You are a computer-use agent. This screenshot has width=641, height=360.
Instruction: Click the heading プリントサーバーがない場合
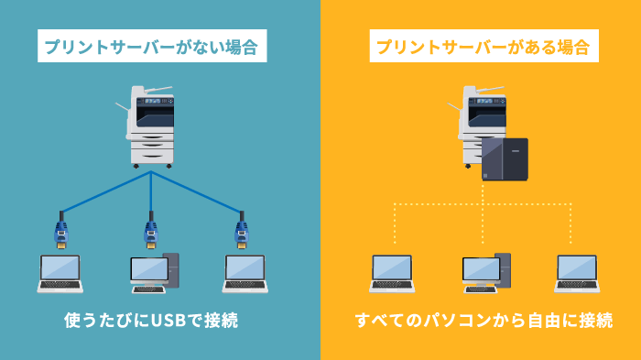151,45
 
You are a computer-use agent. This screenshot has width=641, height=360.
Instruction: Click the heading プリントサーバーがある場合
482,45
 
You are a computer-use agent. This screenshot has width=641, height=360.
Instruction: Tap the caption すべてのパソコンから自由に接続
483,322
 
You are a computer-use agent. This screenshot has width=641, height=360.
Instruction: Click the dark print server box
505,158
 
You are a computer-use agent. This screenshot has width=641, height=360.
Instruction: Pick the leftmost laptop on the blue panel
60,274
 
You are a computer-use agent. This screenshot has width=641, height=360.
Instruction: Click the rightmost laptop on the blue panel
245,274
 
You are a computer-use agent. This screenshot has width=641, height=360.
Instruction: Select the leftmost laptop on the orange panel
392,274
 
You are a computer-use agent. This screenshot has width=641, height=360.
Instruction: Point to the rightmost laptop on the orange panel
578,274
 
